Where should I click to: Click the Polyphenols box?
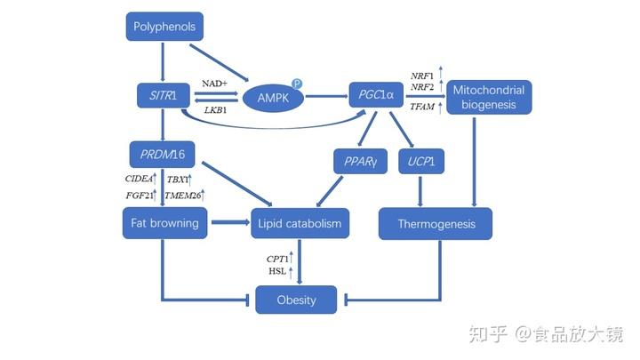click(164, 28)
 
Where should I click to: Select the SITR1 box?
click(161, 93)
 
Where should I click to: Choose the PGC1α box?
click(376, 93)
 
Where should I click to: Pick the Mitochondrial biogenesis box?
click(488, 98)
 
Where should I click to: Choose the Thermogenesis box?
click(436, 224)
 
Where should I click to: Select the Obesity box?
click(296, 300)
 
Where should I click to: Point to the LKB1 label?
click(214, 110)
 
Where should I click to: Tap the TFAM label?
click(421, 108)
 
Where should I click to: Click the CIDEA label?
click(139, 179)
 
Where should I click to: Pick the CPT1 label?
click(278, 258)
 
